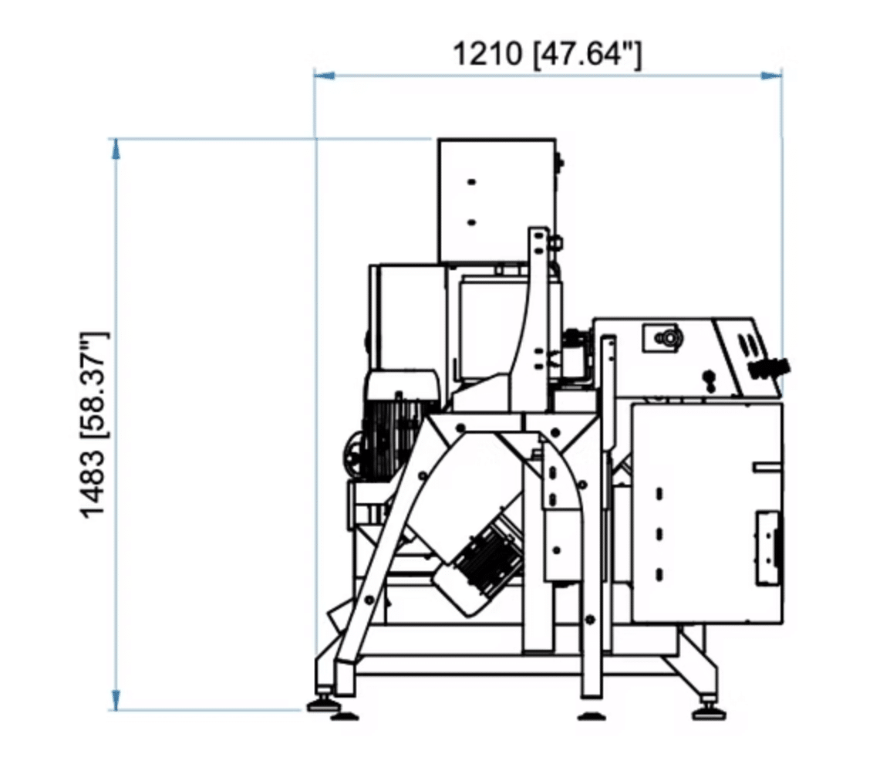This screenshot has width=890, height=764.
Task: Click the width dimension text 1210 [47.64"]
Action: pyautogui.click(x=547, y=55)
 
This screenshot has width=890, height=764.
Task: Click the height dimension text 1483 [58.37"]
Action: pyautogui.click(x=93, y=425)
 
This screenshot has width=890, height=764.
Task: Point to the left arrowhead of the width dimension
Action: pyautogui.click(x=324, y=75)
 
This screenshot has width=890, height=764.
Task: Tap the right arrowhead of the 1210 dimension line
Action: pyautogui.click(x=771, y=75)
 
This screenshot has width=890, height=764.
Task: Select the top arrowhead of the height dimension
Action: pyautogui.click(x=116, y=149)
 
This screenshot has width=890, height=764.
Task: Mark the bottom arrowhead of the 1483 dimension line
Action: pyautogui.click(x=116, y=700)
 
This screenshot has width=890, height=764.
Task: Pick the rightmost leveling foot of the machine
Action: pyautogui.click(x=709, y=712)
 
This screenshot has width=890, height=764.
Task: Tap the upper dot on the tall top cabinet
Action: pyautogui.click(x=471, y=182)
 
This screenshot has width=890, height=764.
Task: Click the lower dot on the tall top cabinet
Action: pyautogui.click(x=471, y=223)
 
